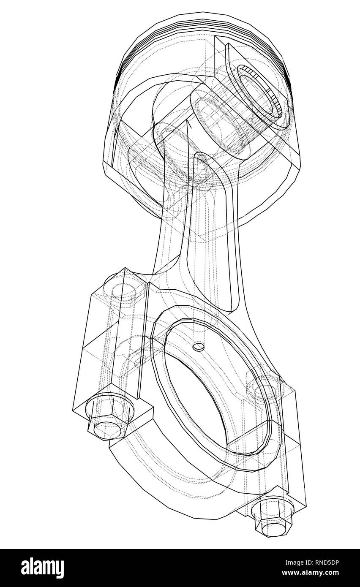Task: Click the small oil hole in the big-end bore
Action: (198, 347)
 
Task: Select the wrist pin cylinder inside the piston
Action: (220, 122)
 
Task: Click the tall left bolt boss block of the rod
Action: (112, 338)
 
